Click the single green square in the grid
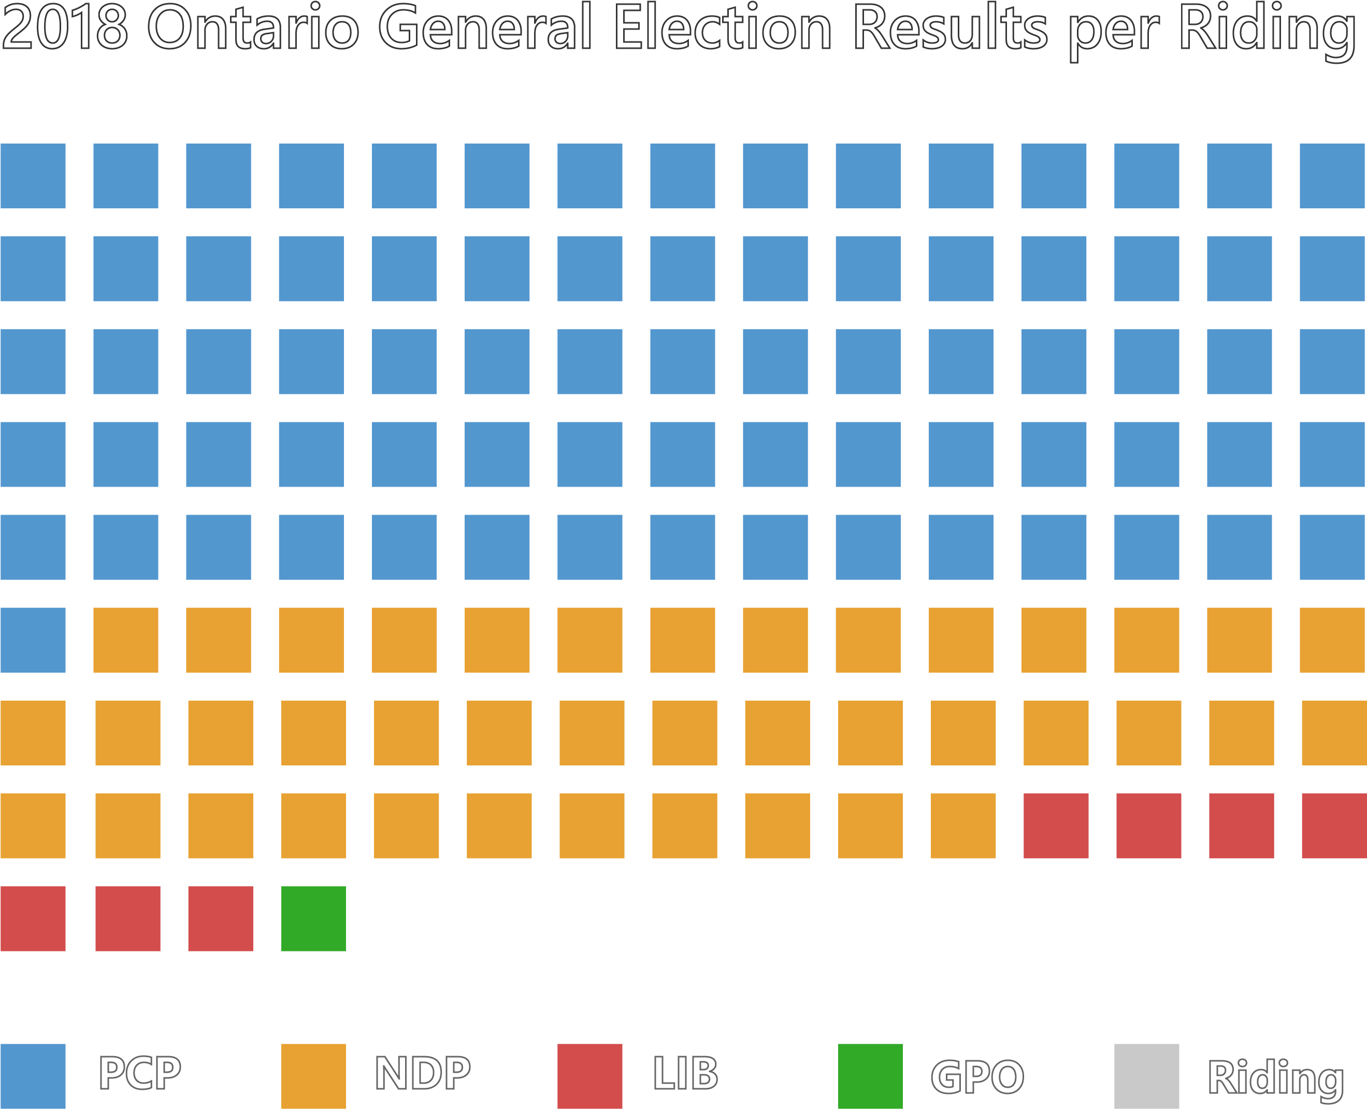point(313,919)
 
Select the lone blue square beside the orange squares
point(33,640)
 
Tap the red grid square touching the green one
point(220,919)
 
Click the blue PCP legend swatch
point(33,1076)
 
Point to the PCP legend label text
point(140,1073)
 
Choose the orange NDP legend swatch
point(313,1076)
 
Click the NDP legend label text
point(422,1073)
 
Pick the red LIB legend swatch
point(589,1076)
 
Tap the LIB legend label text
point(685,1073)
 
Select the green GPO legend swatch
point(870,1076)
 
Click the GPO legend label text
point(977,1077)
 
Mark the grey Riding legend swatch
point(1147,1076)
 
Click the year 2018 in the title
point(64,28)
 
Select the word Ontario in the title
point(253,28)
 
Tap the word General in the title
point(485,28)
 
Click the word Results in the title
point(950,28)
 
